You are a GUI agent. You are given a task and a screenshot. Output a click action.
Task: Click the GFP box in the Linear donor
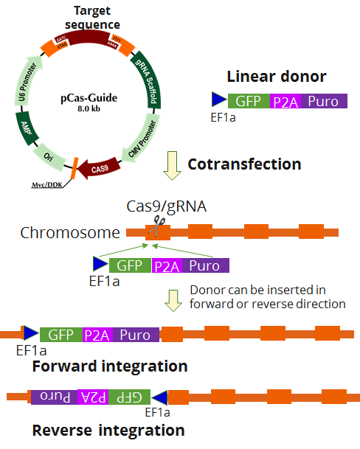249,101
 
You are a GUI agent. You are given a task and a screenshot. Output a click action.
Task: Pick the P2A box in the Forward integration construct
97,335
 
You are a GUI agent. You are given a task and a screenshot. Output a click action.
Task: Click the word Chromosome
70,234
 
